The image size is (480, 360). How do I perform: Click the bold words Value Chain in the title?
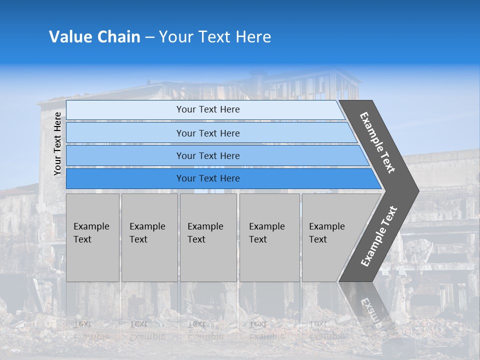point(94,37)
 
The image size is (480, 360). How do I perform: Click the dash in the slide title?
point(149,37)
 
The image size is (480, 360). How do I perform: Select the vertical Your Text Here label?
point(57,144)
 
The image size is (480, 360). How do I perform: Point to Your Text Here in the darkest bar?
point(208,178)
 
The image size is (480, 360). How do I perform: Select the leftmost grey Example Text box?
point(92,237)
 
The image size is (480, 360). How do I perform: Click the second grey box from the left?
point(149,237)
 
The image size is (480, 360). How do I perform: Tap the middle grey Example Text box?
point(208,237)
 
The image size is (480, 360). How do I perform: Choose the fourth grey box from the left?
point(269,237)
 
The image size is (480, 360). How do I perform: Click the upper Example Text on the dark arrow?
point(377,142)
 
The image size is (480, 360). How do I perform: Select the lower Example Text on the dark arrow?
point(378,236)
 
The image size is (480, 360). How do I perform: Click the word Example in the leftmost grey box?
point(91,226)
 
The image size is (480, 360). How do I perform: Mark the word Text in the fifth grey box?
point(318,239)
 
